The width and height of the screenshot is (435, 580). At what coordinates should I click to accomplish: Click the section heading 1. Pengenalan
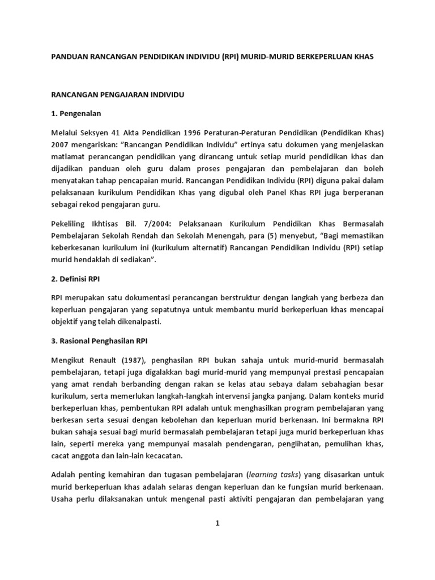76,113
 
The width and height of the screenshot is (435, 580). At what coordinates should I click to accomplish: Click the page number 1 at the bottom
217,524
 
